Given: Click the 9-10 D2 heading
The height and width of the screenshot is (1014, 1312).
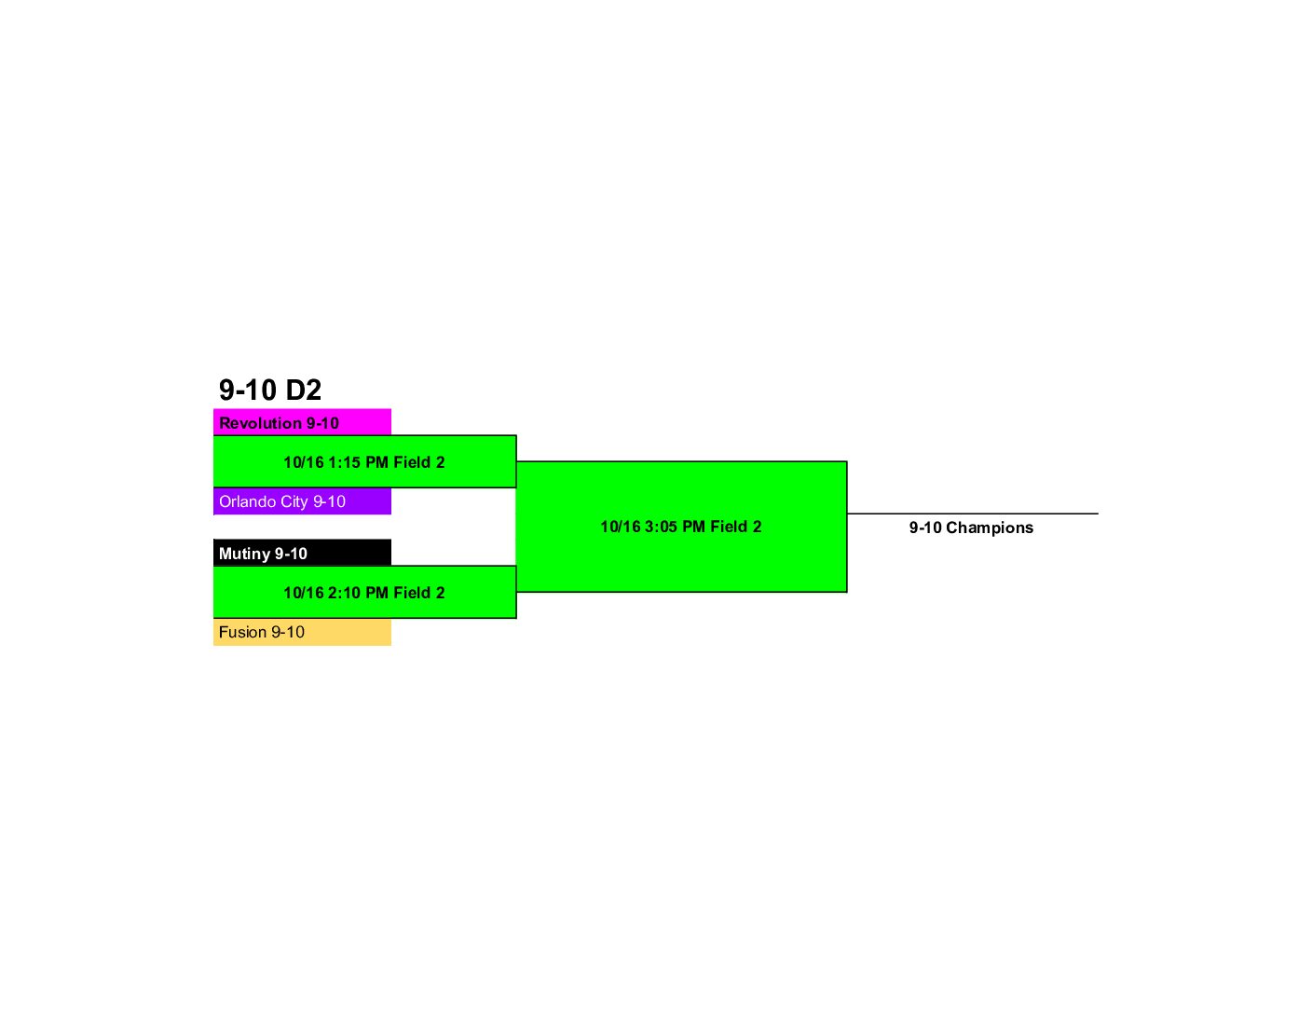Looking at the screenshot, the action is [x=269, y=390].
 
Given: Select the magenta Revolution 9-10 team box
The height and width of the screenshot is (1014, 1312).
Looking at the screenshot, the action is [x=302, y=421].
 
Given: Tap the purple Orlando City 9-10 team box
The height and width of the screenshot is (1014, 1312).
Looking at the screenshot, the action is [x=302, y=501].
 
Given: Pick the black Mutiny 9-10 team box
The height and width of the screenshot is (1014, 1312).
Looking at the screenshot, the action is [x=302, y=553].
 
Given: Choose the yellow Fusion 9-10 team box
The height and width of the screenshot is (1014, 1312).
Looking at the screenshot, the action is [x=302, y=632].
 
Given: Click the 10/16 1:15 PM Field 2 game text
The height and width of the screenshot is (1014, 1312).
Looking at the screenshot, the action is [x=364, y=462].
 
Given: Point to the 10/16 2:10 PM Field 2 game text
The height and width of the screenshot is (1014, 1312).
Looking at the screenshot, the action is [x=364, y=593].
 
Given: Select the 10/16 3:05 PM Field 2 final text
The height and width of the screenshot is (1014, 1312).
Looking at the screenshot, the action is [x=681, y=527].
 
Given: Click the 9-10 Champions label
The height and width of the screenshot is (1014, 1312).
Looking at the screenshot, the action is [x=971, y=528].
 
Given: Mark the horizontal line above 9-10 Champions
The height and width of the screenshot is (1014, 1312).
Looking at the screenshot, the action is [x=973, y=514].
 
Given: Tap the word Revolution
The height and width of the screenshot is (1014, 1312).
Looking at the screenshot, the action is [x=260, y=423].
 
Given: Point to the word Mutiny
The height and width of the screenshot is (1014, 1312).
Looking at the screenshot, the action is [x=244, y=554].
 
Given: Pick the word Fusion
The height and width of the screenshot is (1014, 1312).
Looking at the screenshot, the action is [x=242, y=632].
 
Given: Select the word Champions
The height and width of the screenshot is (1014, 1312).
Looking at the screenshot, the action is [x=990, y=528].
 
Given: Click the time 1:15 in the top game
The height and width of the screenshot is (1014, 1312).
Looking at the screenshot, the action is [x=344, y=462].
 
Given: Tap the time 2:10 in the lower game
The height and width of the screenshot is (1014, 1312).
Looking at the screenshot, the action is [x=344, y=593].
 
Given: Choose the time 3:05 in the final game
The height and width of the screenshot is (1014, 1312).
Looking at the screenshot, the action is [x=662, y=527].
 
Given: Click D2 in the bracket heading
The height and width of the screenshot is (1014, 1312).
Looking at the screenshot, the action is [x=303, y=390].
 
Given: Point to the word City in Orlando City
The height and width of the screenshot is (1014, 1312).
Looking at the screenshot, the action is [x=294, y=501].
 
